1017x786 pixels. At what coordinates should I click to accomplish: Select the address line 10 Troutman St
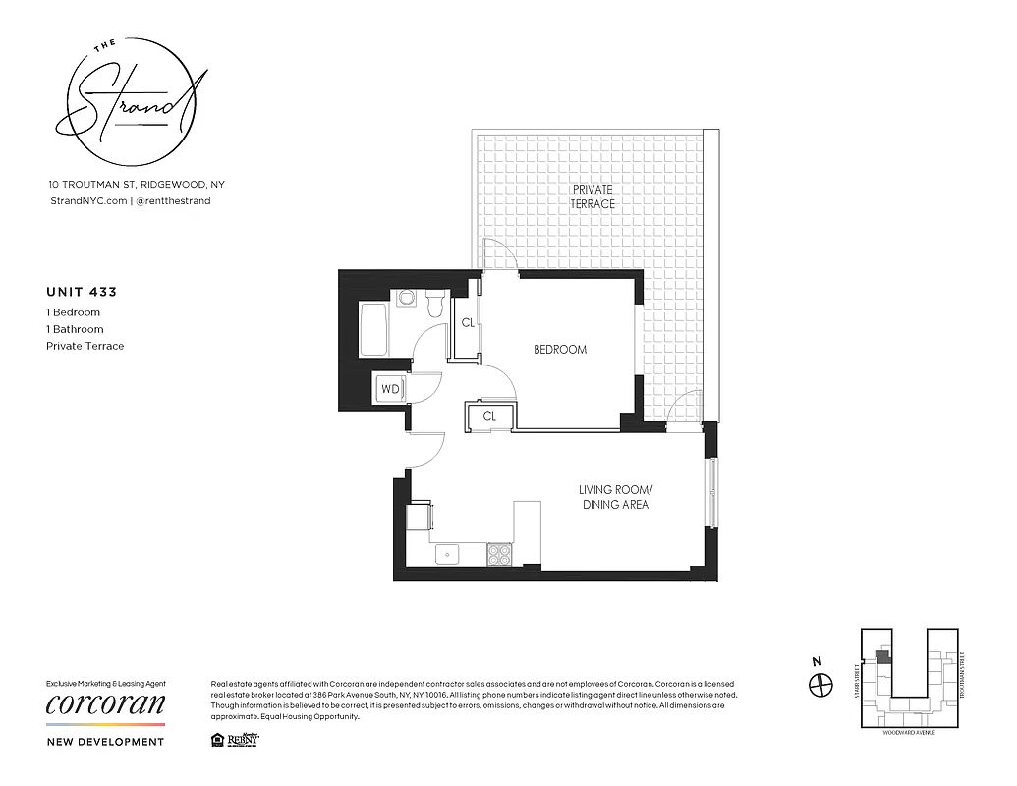(137, 184)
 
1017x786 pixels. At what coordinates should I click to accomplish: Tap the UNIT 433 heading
(82, 292)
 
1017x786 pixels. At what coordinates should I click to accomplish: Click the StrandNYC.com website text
(87, 200)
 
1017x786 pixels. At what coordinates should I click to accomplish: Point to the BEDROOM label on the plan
(560, 350)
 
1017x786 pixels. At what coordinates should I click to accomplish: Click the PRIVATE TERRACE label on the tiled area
(593, 196)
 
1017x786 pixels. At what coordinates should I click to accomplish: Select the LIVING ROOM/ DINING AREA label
(615, 497)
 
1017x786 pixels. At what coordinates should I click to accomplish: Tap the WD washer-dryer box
(390, 389)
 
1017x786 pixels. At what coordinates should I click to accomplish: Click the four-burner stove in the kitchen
(500, 554)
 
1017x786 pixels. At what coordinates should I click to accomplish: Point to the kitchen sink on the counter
(447, 554)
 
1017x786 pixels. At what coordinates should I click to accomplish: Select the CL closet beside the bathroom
(468, 322)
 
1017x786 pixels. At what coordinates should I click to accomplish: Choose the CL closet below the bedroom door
(488, 416)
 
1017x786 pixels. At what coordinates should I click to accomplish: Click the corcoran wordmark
(106, 704)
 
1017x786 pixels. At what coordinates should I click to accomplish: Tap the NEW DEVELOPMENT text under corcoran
(105, 742)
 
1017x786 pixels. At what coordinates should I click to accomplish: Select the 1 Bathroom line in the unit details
(75, 329)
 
